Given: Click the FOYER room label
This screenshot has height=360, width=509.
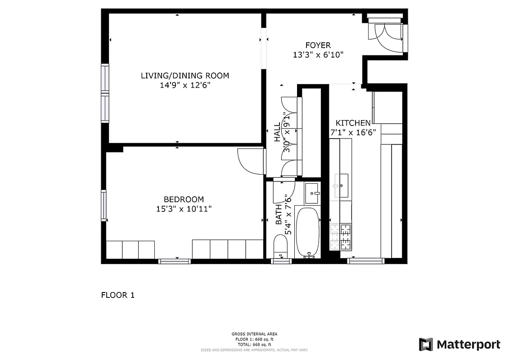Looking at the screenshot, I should click(x=318, y=45).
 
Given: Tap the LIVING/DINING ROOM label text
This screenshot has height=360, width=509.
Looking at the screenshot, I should click(x=185, y=76).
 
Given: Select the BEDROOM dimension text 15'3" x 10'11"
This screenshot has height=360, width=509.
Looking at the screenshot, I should click(x=183, y=209).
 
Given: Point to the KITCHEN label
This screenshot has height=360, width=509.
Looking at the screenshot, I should click(x=353, y=123).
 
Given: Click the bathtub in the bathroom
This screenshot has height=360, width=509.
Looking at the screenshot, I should click(x=307, y=232).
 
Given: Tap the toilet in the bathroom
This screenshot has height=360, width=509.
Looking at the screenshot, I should click(x=281, y=248).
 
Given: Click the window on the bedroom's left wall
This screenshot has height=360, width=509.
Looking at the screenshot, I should click(x=104, y=205).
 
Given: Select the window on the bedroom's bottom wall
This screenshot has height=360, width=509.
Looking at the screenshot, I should click(x=174, y=261).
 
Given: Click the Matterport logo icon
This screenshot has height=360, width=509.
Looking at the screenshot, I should click(x=426, y=345).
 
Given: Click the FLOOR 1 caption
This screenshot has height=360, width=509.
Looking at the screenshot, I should click(x=117, y=296).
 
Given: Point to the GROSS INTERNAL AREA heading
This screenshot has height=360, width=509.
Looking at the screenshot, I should click(x=254, y=334).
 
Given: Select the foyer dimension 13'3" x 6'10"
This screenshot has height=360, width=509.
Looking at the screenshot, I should click(x=318, y=55).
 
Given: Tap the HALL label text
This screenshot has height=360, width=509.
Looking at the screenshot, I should click(x=277, y=133).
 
